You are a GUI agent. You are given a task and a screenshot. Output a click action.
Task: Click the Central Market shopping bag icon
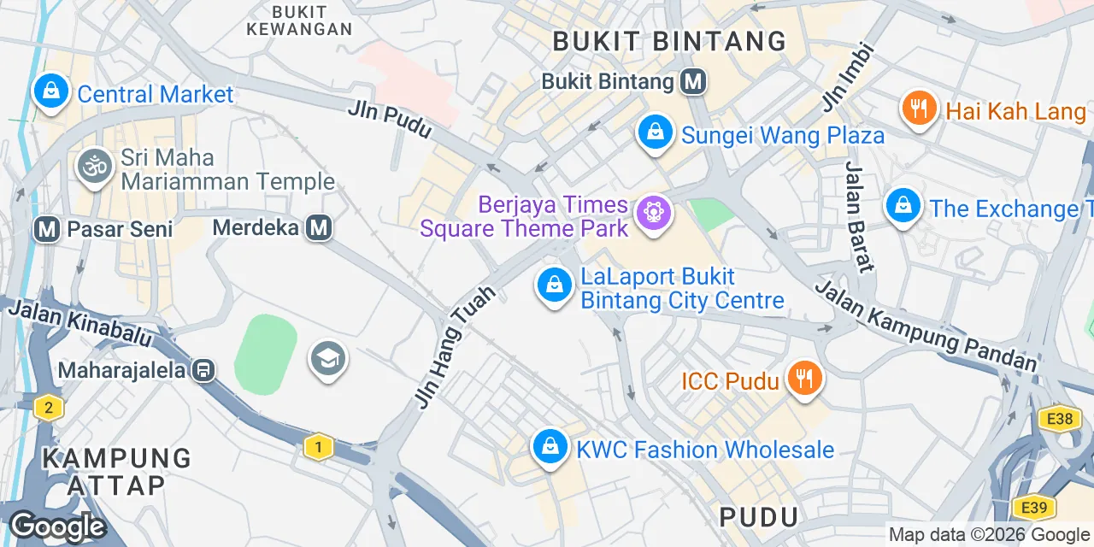click(x=51, y=91)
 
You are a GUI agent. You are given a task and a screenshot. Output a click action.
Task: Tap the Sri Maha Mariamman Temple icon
click(x=94, y=166)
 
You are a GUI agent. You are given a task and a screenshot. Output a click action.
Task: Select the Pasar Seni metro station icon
click(x=47, y=228)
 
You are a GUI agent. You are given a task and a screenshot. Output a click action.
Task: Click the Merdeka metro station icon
click(x=320, y=227)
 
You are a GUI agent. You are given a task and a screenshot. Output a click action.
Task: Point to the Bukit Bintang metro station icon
click(x=693, y=81)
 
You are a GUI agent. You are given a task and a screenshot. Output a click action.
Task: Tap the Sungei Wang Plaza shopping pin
click(x=655, y=132)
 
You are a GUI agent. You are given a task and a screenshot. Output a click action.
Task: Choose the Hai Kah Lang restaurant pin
click(x=920, y=109)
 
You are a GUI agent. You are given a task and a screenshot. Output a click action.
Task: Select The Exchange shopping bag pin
click(x=903, y=206)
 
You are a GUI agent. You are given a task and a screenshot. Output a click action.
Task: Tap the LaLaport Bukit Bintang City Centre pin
click(x=555, y=285)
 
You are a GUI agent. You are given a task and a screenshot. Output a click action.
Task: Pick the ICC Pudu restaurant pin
click(x=803, y=379)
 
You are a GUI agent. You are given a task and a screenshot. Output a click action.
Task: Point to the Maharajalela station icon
click(x=203, y=370)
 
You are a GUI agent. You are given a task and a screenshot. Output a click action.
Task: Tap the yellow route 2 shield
click(x=49, y=408)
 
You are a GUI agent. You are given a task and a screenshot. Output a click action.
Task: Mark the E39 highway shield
click(x=1035, y=507)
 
